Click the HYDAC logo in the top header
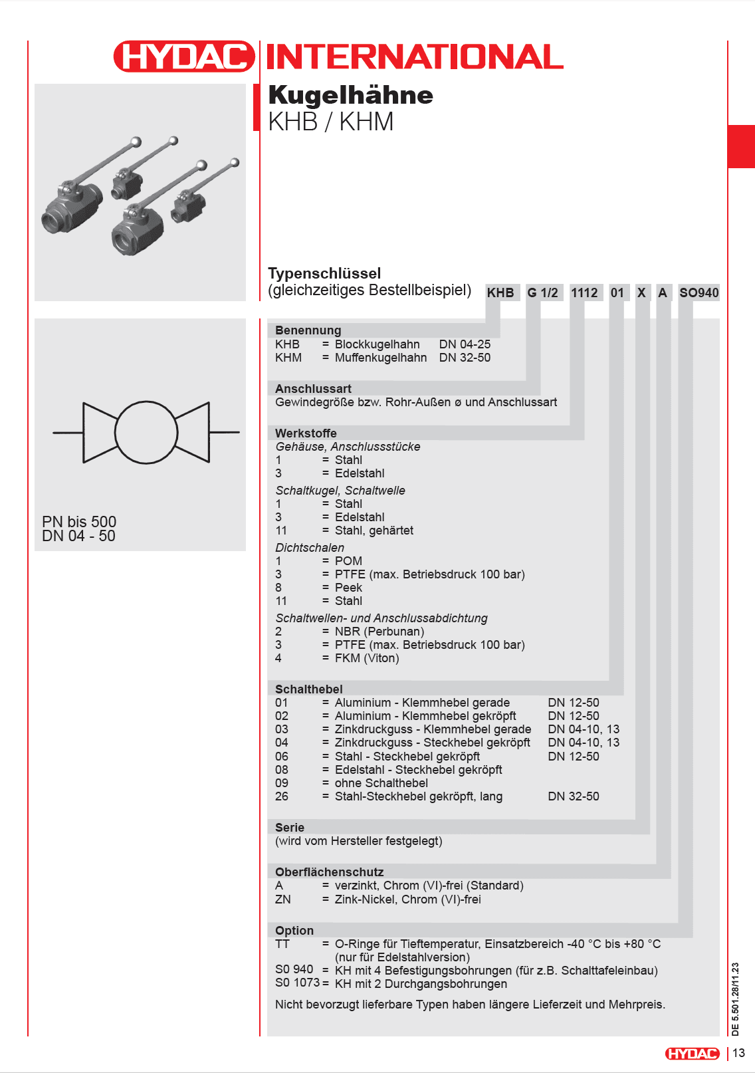click(x=184, y=57)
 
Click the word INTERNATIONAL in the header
click(x=415, y=57)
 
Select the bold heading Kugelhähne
click(x=350, y=95)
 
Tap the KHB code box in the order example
click(x=500, y=293)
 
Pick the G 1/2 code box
click(x=542, y=293)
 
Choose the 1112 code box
click(x=584, y=293)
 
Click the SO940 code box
click(x=699, y=293)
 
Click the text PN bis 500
click(x=79, y=521)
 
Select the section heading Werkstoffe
click(x=306, y=433)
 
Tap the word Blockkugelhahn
click(x=377, y=344)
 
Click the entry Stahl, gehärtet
click(x=374, y=531)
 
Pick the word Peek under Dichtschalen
click(x=348, y=587)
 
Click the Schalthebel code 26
click(x=282, y=796)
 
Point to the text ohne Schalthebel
click(x=381, y=782)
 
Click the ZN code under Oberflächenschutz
click(x=283, y=899)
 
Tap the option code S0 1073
click(x=297, y=983)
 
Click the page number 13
click(x=739, y=1053)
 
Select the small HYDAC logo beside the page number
click(x=693, y=1053)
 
